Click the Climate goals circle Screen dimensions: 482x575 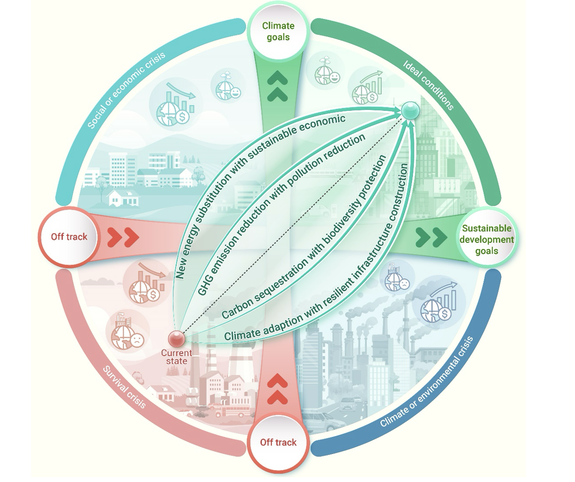[x=278, y=32]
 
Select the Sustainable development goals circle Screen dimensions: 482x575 [x=486, y=240]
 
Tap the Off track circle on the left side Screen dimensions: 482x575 [x=69, y=237]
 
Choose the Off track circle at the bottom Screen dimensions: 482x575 [x=278, y=442]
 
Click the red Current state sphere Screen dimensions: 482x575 [x=177, y=339]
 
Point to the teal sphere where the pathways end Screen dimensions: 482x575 [x=410, y=111]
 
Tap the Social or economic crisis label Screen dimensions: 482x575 [x=126, y=89]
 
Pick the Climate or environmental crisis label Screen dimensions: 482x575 [x=427, y=383]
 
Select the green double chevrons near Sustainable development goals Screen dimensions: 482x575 [x=431, y=237]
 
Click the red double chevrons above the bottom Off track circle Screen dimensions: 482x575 [x=278, y=389]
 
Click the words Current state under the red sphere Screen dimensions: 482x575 [x=176, y=357]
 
